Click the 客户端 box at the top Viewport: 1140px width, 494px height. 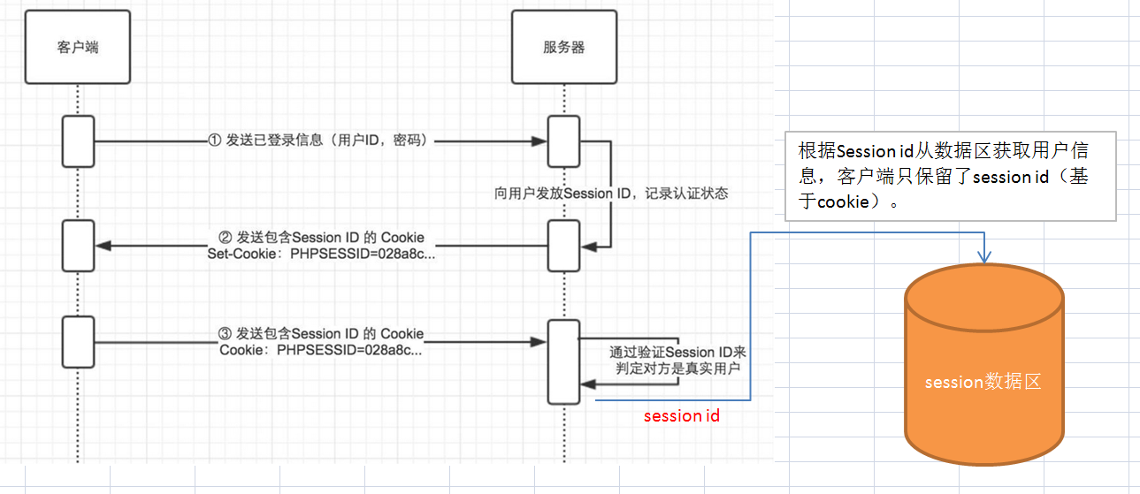point(78,47)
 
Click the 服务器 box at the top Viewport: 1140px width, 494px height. point(563,47)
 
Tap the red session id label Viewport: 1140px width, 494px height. point(681,415)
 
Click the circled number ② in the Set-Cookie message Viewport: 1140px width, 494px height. point(225,238)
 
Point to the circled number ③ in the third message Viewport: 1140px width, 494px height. point(225,334)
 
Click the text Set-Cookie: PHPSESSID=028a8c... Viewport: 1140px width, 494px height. point(321,252)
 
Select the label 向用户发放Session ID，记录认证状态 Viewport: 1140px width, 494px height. point(611,194)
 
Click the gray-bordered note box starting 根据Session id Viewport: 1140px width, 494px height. point(951,176)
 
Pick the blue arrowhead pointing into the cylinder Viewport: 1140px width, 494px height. point(984,256)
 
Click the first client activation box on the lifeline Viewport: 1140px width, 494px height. point(78,141)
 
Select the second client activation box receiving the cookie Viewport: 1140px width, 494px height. point(78,245)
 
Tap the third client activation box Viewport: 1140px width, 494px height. point(78,342)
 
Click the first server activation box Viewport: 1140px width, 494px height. point(563,141)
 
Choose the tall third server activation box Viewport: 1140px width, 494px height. point(563,361)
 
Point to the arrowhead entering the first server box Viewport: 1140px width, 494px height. point(538,141)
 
